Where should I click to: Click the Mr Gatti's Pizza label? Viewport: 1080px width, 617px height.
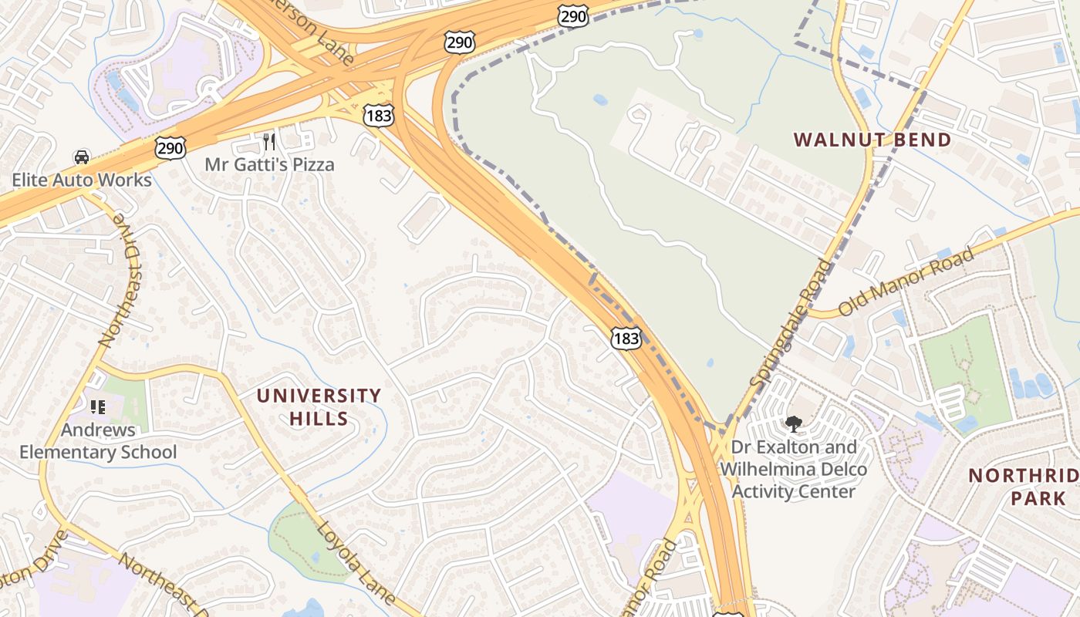[x=269, y=164]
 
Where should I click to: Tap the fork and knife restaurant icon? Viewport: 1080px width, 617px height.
[x=269, y=141]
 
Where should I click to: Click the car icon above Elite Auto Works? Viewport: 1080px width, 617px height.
[x=81, y=157]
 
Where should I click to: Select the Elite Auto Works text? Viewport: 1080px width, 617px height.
[x=81, y=180]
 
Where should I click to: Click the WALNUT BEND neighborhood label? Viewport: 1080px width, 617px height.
[x=872, y=140]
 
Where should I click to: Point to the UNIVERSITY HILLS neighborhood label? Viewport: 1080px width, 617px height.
[x=319, y=407]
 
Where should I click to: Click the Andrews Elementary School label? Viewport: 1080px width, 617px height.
[x=98, y=441]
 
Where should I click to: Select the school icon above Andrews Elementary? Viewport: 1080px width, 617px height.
[x=97, y=406]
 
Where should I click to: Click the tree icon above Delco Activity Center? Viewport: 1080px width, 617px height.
[x=793, y=423]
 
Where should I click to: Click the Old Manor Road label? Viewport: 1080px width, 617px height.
[x=906, y=282]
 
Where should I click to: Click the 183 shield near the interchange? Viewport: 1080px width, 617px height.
[x=378, y=116]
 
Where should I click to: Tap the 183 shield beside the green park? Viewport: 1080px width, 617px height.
[x=626, y=338]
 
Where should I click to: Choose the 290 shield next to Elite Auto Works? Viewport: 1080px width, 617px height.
[x=170, y=147]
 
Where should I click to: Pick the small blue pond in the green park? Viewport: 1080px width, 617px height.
[x=599, y=100]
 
